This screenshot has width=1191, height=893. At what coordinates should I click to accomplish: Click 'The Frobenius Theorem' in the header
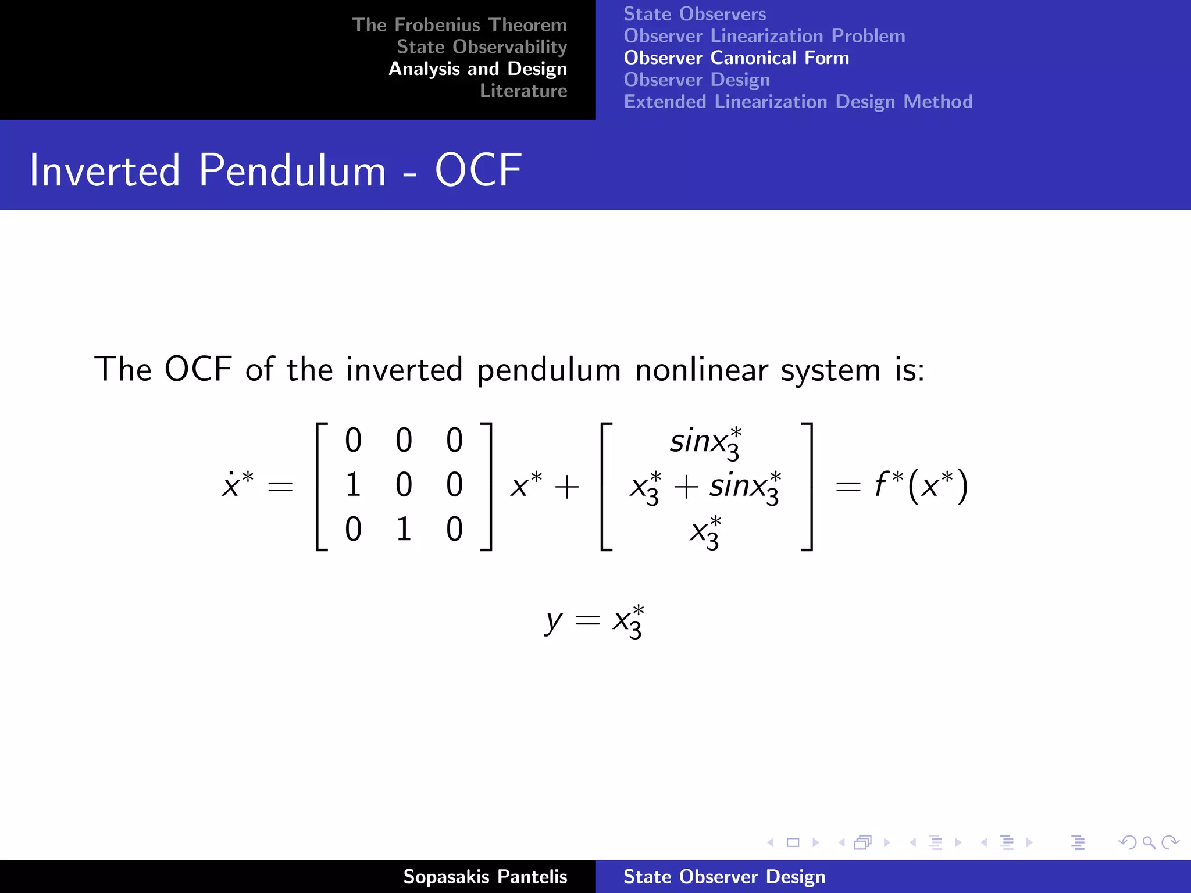tap(459, 25)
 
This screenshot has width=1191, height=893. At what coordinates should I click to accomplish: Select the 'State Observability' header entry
tap(482, 47)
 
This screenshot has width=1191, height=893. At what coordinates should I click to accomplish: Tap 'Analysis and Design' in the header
tap(477, 69)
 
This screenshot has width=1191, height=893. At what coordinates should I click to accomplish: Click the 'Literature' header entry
tap(523, 91)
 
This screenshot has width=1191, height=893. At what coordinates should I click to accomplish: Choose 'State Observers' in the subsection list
tap(694, 14)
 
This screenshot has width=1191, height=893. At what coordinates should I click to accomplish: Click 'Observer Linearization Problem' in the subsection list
tap(764, 36)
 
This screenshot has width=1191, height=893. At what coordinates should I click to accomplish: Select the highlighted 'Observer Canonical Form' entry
tap(736, 58)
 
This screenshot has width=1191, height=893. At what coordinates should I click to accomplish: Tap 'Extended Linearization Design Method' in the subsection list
tap(798, 102)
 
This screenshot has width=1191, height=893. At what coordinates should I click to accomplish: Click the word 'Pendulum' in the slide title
tap(292, 170)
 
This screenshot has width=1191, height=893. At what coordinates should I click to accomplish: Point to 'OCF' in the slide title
tap(478, 170)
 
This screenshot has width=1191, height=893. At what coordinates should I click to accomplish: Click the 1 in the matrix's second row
tap(353, 485)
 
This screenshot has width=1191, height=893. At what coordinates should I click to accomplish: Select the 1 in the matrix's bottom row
tap(404, 529)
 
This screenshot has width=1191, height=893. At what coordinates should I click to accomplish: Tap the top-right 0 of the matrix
tap(454, 440)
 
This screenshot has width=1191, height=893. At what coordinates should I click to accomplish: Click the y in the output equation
tap(553, 621)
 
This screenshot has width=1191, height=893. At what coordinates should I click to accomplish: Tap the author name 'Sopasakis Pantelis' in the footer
tap(485, 877)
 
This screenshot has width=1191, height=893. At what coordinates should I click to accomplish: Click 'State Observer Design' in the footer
tap(724, 877)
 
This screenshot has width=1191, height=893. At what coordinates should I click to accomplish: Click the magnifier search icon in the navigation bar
tap(1149, 842)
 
